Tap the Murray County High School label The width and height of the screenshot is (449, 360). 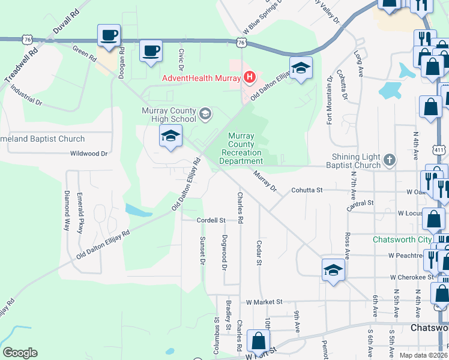click(169, 115)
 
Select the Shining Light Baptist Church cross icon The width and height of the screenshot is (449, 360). click(390, 160)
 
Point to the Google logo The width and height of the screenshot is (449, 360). click(20, 353)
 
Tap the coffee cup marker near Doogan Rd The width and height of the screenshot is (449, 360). click(109, 35)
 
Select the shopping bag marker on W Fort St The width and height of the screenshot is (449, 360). click(258, 341)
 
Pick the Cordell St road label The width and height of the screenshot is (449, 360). click(211, 220)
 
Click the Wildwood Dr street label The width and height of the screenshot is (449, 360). click(88, 154)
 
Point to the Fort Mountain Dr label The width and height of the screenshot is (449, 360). click(330, 100)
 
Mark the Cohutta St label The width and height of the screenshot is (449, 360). click(307, 190)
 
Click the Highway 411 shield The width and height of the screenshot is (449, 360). click(441, 149)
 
